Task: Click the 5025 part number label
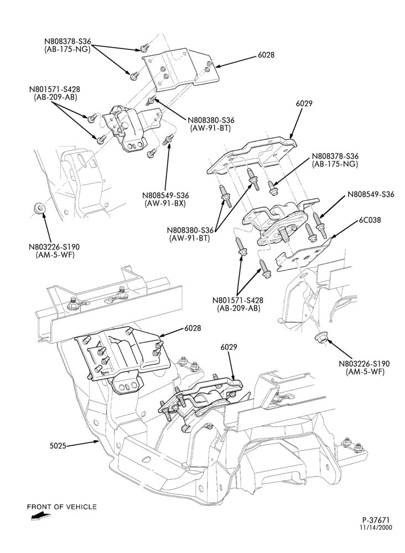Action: [58, 446]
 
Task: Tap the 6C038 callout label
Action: [370, 220]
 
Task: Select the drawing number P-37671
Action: [376, 530]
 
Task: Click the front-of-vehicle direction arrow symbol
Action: [40, 517]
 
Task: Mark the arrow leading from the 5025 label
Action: [82, 444]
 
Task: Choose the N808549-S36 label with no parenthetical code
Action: [371, 194]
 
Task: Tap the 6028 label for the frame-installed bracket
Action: [193, 328]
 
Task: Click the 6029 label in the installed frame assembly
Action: [229, 347]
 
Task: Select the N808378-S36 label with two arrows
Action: [67, 41]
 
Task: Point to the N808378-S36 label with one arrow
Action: [335, 156]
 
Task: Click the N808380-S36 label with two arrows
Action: [190, 230]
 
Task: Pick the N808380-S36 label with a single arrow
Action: [211, 120]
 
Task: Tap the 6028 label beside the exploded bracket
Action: [266, 55]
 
